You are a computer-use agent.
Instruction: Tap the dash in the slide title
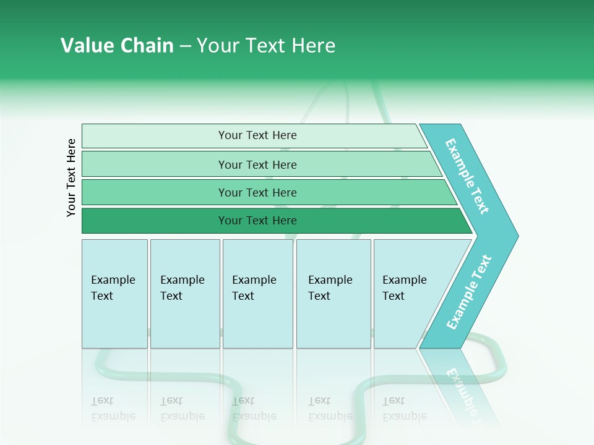pos(185,46)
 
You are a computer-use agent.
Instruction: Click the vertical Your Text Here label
pos(71,177)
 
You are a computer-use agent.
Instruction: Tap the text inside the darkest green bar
pos(257,221)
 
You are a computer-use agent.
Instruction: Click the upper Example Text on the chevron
pos(467,176)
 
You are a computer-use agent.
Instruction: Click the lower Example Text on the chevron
pos(469,292)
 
